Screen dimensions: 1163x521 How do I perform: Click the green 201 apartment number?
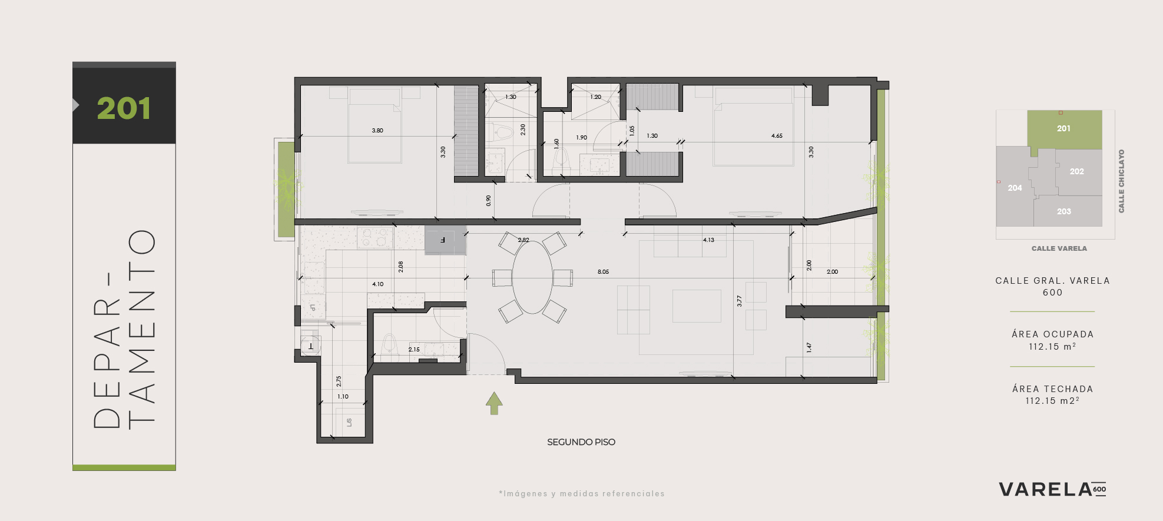coord(124,108)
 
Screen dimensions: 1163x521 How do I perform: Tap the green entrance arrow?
coord(494,403)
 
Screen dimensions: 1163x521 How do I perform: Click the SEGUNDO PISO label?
coord(581,442)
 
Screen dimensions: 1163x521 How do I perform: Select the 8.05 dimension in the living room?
coord(603,272)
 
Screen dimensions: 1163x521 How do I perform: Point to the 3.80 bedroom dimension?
coord(377,131)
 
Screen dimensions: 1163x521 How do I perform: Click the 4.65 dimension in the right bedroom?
coord(777,136)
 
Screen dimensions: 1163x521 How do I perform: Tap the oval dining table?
coord(532,277)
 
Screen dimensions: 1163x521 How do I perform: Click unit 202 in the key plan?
coord(1077,171)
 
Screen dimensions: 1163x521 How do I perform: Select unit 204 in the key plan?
coord(1015,188)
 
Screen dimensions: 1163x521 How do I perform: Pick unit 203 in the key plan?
coord(1063,211)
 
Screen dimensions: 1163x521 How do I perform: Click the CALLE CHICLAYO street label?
coord(1121,181)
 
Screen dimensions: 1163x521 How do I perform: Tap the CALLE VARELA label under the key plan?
coord(1059,248)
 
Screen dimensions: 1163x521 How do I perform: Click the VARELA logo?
coord(1052,489)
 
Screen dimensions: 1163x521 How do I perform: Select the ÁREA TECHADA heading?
coord(1053,389)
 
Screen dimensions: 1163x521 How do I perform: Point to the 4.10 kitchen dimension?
coord(377,284)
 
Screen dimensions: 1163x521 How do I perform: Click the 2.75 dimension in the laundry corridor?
coord(339,381)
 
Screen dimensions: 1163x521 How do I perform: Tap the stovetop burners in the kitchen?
coord(375,237)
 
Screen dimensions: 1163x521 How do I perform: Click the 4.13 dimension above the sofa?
coord(708,240)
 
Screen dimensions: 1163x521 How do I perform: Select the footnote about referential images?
coord(582,494)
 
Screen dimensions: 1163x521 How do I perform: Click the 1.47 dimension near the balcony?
coord(809,347)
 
